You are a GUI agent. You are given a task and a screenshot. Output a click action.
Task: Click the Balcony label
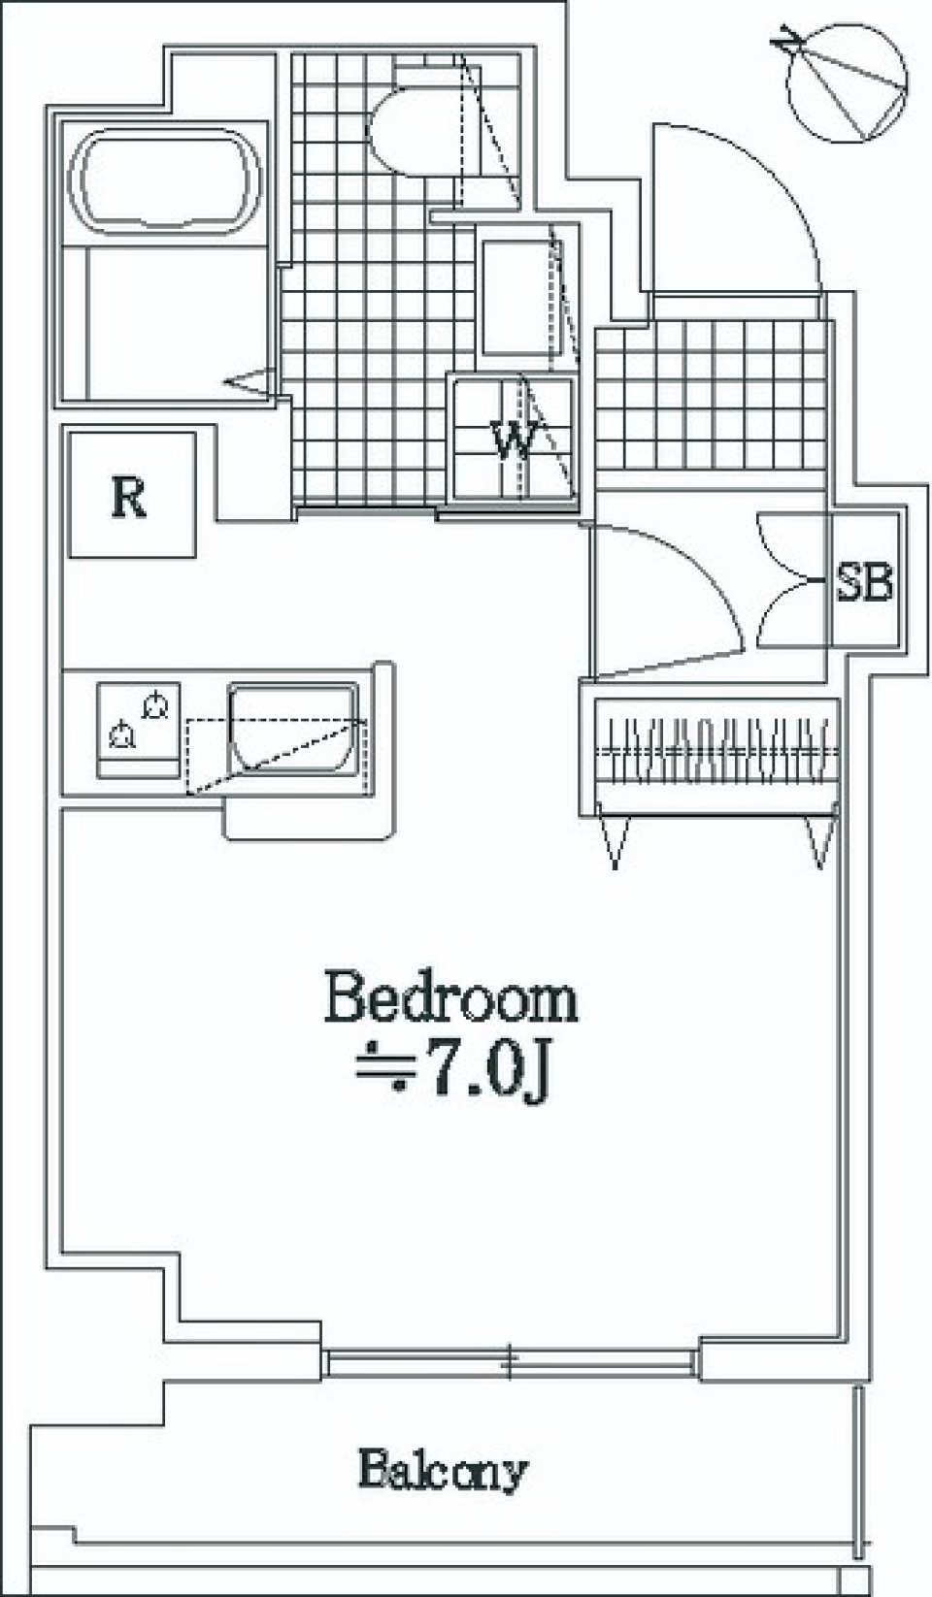point(443,1471)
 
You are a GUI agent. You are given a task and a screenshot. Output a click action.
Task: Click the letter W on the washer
point(513,441)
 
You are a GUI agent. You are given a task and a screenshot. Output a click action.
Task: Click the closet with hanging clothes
point(714,752)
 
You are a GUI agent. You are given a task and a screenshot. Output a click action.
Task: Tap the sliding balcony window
point(511,1362)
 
